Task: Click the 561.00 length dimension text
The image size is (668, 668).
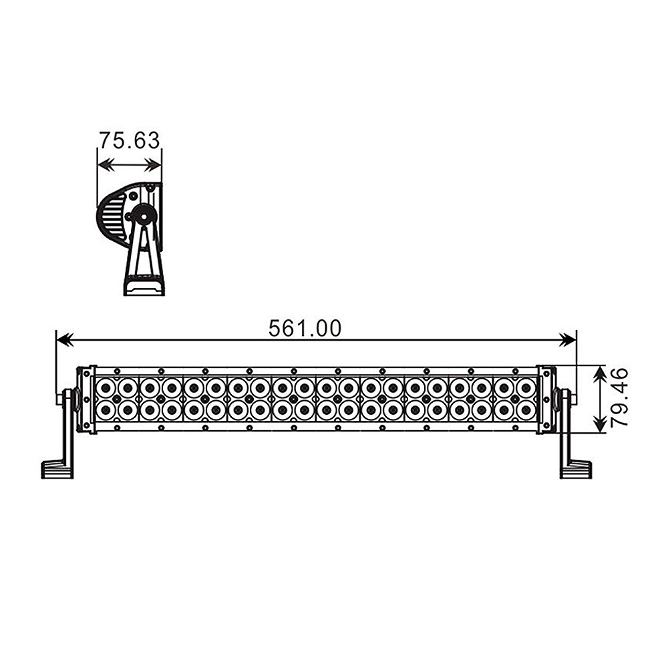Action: click(305, 329)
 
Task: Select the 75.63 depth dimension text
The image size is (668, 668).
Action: click(130, 140)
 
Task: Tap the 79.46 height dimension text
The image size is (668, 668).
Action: click(619, 397)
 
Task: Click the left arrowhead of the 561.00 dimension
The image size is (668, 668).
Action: click(65, 340)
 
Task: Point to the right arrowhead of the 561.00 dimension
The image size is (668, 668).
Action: click(568, 340)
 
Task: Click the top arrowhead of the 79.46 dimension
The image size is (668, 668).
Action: click(600, 373)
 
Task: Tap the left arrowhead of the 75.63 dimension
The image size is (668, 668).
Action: click(106, 165)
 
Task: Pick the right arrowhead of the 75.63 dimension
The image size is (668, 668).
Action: click(154, 165)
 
